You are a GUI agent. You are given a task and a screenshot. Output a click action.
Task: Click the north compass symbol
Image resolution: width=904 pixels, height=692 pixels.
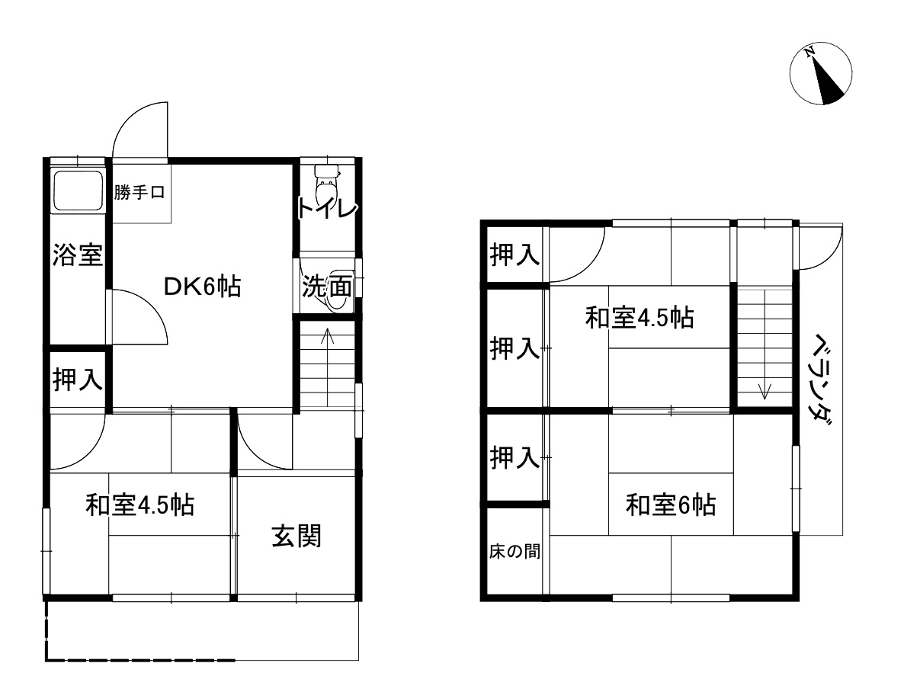click(821, 75)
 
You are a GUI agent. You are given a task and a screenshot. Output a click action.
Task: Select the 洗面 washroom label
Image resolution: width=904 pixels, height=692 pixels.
click(327, 287)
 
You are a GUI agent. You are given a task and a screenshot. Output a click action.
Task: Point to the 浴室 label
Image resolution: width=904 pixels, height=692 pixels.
click(77, 255)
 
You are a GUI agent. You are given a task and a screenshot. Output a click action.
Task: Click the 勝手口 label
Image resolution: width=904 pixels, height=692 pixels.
click(140, 193)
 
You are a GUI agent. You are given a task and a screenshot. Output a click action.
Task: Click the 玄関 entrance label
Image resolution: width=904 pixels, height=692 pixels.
click(297, 537)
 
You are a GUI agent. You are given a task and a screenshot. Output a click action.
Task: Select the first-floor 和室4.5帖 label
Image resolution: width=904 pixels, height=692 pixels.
click(139, 505)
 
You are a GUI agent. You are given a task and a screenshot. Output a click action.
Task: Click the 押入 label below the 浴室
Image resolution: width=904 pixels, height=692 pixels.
click(77, 379)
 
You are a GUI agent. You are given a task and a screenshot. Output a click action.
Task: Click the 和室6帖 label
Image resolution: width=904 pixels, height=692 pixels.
click(671, 505)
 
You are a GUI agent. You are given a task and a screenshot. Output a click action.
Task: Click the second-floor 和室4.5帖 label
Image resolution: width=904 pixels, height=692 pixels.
click(640, 317)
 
